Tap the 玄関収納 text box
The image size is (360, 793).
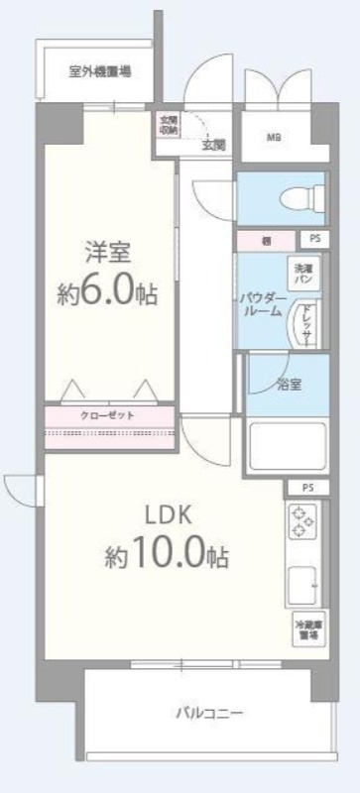pos(169,125)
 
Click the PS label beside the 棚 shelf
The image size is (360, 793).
pos(313,239)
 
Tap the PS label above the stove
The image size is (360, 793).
pos(308,488)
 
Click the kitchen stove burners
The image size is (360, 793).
pos(300,522)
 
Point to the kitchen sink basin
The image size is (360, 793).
pos(302,585)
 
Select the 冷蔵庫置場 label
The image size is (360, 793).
pos(305,630)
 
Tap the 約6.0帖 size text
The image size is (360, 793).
pos(106,295)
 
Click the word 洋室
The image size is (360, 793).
pos(105,252)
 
